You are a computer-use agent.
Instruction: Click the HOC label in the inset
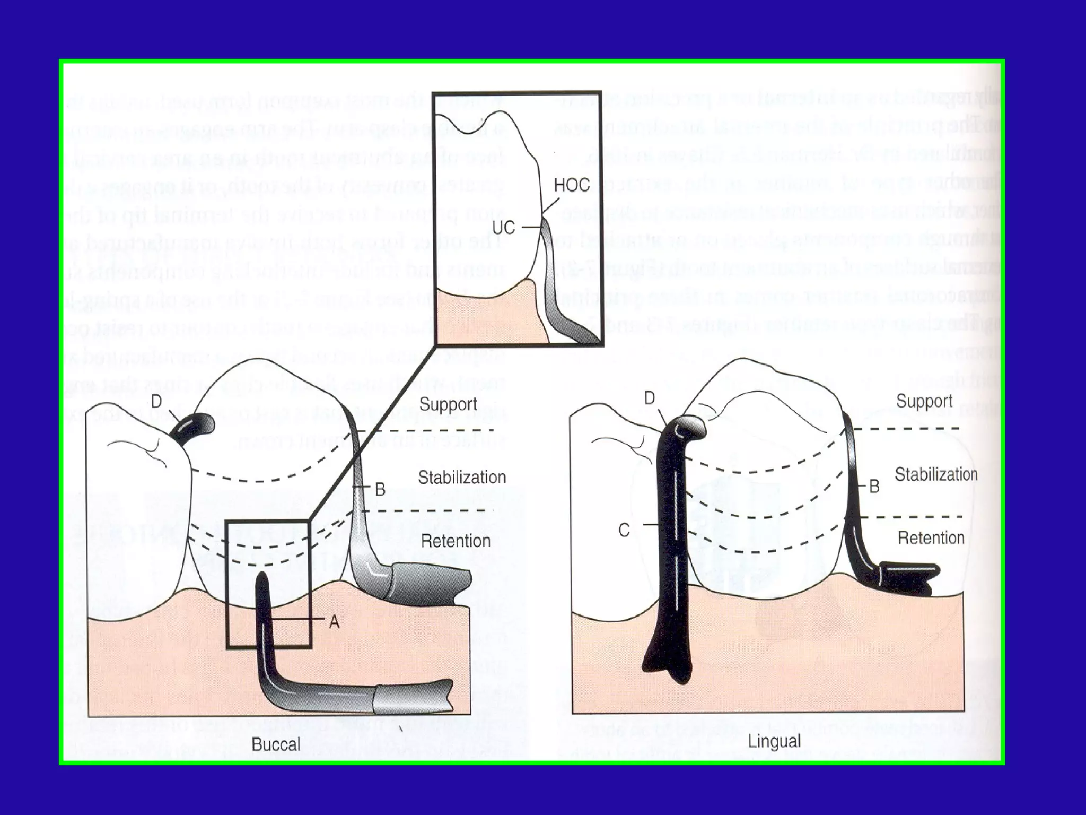pyautogui.click(x=572, y=185)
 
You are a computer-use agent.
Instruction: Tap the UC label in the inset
pyautogui.click(x=503, y=228)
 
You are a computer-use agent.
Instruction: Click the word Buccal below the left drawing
pyautogui.click(x=276, y=744)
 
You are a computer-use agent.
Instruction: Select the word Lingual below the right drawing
pyautogui.click(x=774, y=741)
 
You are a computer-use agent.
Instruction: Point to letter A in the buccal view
pyautogui.click(x=334, y=621)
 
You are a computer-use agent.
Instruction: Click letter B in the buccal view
pyautogui.click(x=380, y=489)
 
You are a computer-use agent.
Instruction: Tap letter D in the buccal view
pyautogui.click(x=156, y=402)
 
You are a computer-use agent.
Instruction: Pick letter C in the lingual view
pyautogui.click(x=624, y=530)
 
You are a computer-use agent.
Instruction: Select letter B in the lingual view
pyautogui.click(x=874, y=486)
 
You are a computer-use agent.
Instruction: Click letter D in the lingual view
pyautogui.click(x=649, y=398)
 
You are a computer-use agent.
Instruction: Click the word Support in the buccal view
pyautogui.click(x=448, y=404)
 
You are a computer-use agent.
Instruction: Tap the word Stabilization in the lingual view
pyautogui.click(x=936, y=474)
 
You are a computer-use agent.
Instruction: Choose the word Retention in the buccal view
pyautogui.click(x=456, y=541)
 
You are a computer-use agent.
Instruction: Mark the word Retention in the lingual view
pyautogui.click(x=931, y=538)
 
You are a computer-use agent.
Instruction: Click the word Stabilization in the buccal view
pyautogui.click(x=462, y=478)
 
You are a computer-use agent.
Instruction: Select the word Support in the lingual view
pyautogui.click(x=924, y=401)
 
